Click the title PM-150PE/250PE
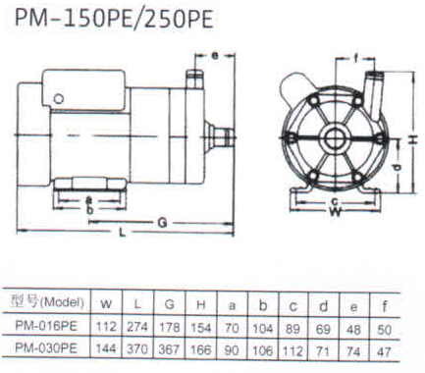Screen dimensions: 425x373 (114, 19)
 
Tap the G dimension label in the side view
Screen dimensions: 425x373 (162, 223)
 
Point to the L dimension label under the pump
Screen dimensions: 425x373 (123, 233)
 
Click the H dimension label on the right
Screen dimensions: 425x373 (413, 139)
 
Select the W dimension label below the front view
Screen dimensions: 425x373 (335, 212)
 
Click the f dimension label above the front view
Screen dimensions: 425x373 (356, 58)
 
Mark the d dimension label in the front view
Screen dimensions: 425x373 (398, 167)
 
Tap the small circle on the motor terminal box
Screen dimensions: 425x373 (59, 99)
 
